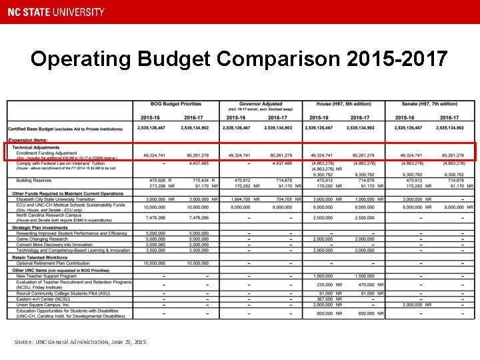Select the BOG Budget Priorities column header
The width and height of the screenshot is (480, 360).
point(176,104)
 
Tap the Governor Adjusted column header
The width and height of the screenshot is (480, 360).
point(261,104)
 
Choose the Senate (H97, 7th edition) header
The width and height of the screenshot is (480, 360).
point(430,104)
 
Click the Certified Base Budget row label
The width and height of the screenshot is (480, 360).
point(65,128)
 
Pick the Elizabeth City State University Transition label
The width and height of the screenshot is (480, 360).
point(55,199)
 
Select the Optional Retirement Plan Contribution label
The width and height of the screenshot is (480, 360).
point(53,263)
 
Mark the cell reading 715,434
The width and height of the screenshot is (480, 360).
point(199,180)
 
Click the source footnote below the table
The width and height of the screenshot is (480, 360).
point(81,342)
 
